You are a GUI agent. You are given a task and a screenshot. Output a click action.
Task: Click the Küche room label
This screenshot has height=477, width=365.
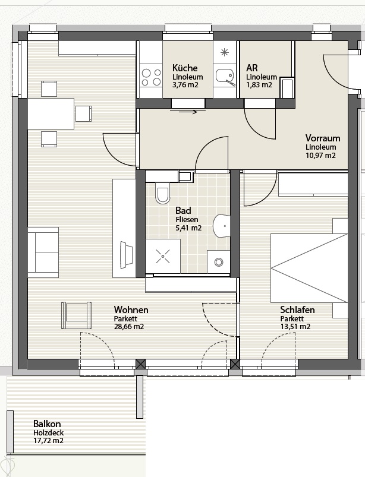click(x=185, y=68)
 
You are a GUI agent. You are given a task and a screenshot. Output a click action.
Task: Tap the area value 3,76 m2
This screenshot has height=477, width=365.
click(x=185, y=84)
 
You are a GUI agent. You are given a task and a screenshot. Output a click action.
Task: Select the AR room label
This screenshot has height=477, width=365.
click(x=252, y=67)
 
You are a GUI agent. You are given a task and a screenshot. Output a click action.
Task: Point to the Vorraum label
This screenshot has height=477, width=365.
click(x=323, y=138)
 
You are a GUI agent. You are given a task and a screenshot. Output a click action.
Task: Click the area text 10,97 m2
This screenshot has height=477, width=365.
click(x=321, y=156)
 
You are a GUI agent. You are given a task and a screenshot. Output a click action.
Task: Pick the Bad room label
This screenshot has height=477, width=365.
click(x=183, y=210)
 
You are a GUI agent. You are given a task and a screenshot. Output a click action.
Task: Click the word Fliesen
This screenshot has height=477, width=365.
click(x=187, y=219)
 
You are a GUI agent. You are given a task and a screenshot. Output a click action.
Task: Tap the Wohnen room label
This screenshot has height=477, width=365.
click(x=131, y=309)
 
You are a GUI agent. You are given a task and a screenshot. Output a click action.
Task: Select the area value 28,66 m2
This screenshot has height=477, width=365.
click(x=129, y=327)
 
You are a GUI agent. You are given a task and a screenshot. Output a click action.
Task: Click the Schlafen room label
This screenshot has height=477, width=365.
click(x=297, y=309)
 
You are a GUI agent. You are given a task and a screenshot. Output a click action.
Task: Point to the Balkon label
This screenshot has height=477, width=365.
click(x=47, y=424)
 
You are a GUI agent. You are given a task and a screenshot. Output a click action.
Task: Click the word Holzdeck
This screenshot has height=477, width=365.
click(x=48, y=432)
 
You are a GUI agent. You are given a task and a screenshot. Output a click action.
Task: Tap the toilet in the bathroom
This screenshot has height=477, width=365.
click(x=162, y=193)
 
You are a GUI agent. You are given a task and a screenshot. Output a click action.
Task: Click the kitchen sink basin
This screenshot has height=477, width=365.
click(x=224, y=75)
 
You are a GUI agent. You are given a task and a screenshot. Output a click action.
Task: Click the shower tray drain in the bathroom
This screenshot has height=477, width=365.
click(x=163, y=257)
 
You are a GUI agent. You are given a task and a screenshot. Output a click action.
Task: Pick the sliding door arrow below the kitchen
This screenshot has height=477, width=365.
click(x=184, y=112)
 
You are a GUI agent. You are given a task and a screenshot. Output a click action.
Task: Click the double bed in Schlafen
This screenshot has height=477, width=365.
click(x=309, y=268)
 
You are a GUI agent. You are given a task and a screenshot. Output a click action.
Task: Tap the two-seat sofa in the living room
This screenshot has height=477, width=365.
click(x=43, y=252)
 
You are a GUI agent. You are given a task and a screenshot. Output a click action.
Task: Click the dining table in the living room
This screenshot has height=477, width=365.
click(x=51, y=113)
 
